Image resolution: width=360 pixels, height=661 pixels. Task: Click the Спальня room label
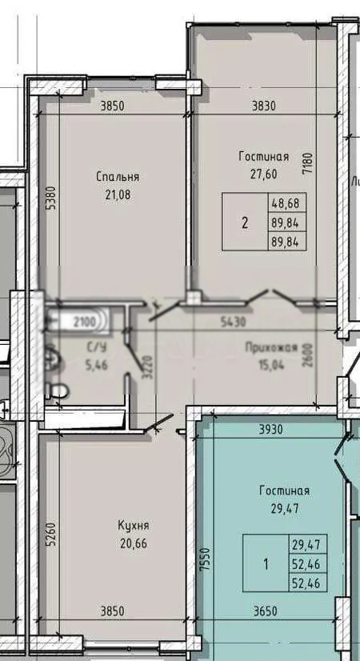point(118,177)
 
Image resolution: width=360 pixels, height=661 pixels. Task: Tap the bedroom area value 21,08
point(118,194)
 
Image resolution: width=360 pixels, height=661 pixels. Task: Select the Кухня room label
point(134,526)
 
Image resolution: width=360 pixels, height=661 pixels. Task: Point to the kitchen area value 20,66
point(134,544)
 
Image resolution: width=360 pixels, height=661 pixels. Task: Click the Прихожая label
point(271,348)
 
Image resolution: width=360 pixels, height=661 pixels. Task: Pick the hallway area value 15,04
point(271,365)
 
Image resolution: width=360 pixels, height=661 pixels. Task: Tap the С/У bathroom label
point(97,347)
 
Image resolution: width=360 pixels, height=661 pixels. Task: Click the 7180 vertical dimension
point(308,163)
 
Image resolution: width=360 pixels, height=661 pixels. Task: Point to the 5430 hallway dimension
point(234,322)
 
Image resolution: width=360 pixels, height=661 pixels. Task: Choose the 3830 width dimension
point(264,106)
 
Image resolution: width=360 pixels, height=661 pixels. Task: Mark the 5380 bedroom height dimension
point(50,198)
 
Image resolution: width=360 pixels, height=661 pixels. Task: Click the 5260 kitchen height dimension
point(50,534)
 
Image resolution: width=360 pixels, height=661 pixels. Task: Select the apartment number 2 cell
point(246,222)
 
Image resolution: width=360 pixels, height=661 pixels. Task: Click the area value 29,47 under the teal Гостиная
point(286,508)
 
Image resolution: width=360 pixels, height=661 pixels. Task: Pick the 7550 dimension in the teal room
point(206,559)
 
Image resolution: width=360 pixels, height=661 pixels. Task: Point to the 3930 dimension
point(271,429)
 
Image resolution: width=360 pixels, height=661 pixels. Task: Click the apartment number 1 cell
point(266,563)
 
